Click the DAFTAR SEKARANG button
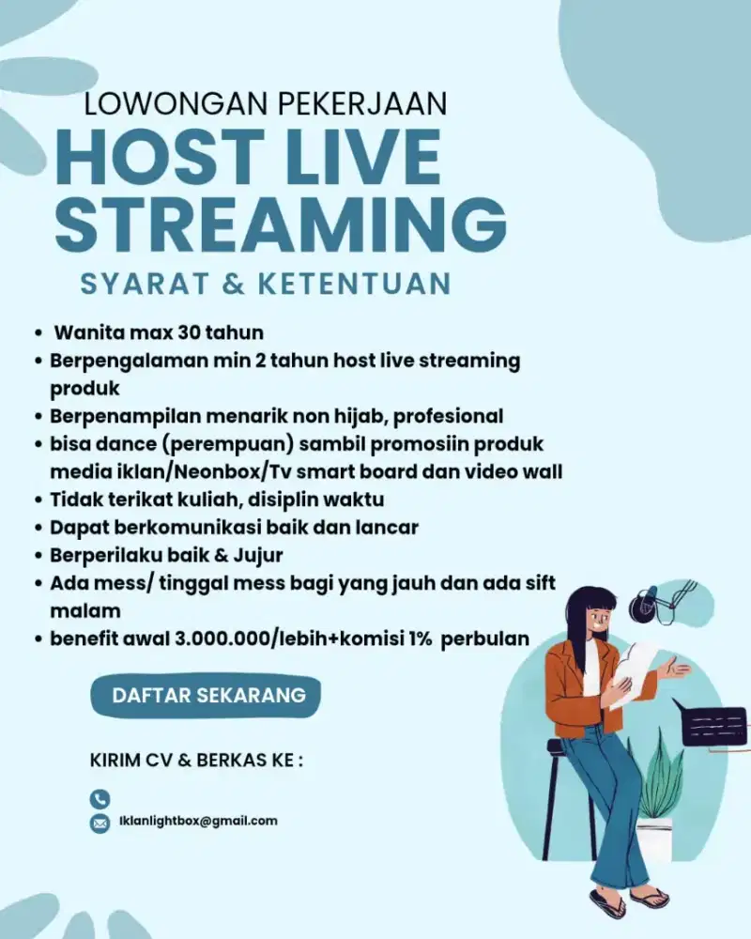pyautogui.click(x=208, y=696)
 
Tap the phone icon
pyautogui.click(x=100, y=799)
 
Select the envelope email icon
pyautogui.click(x=100, y=824)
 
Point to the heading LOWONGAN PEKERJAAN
pyautogui.click(x=265, y=102)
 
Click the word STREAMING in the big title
pyautogui.click(x=286, y=222)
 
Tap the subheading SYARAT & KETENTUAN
pyautogui.click(x=266, y=283)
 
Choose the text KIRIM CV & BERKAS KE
pyautogui.click(x=196, y=759)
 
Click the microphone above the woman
pyautogui.click(x=646, y=602)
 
